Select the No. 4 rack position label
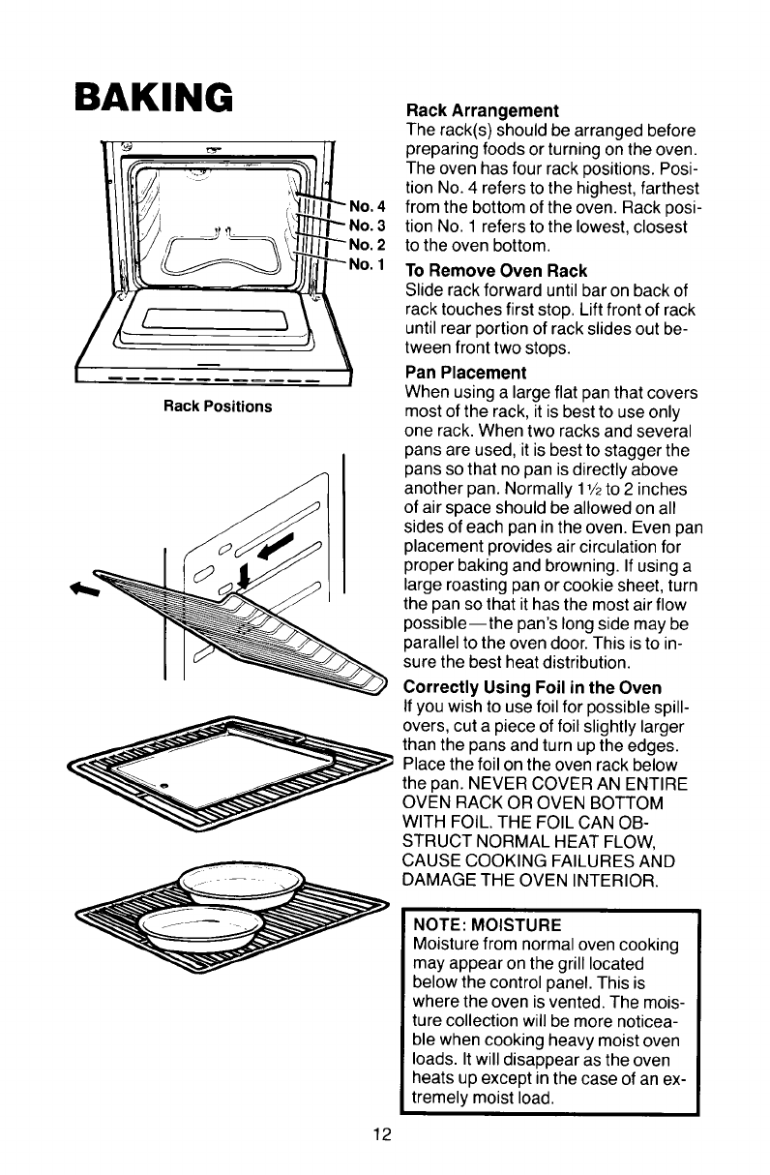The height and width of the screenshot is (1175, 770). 368,206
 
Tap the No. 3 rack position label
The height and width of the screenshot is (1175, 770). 368,225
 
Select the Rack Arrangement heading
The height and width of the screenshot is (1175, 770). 483,110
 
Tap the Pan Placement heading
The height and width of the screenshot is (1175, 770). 466,373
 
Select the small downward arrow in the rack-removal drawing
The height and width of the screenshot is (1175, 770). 243,578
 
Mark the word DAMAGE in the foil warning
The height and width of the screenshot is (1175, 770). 448,880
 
